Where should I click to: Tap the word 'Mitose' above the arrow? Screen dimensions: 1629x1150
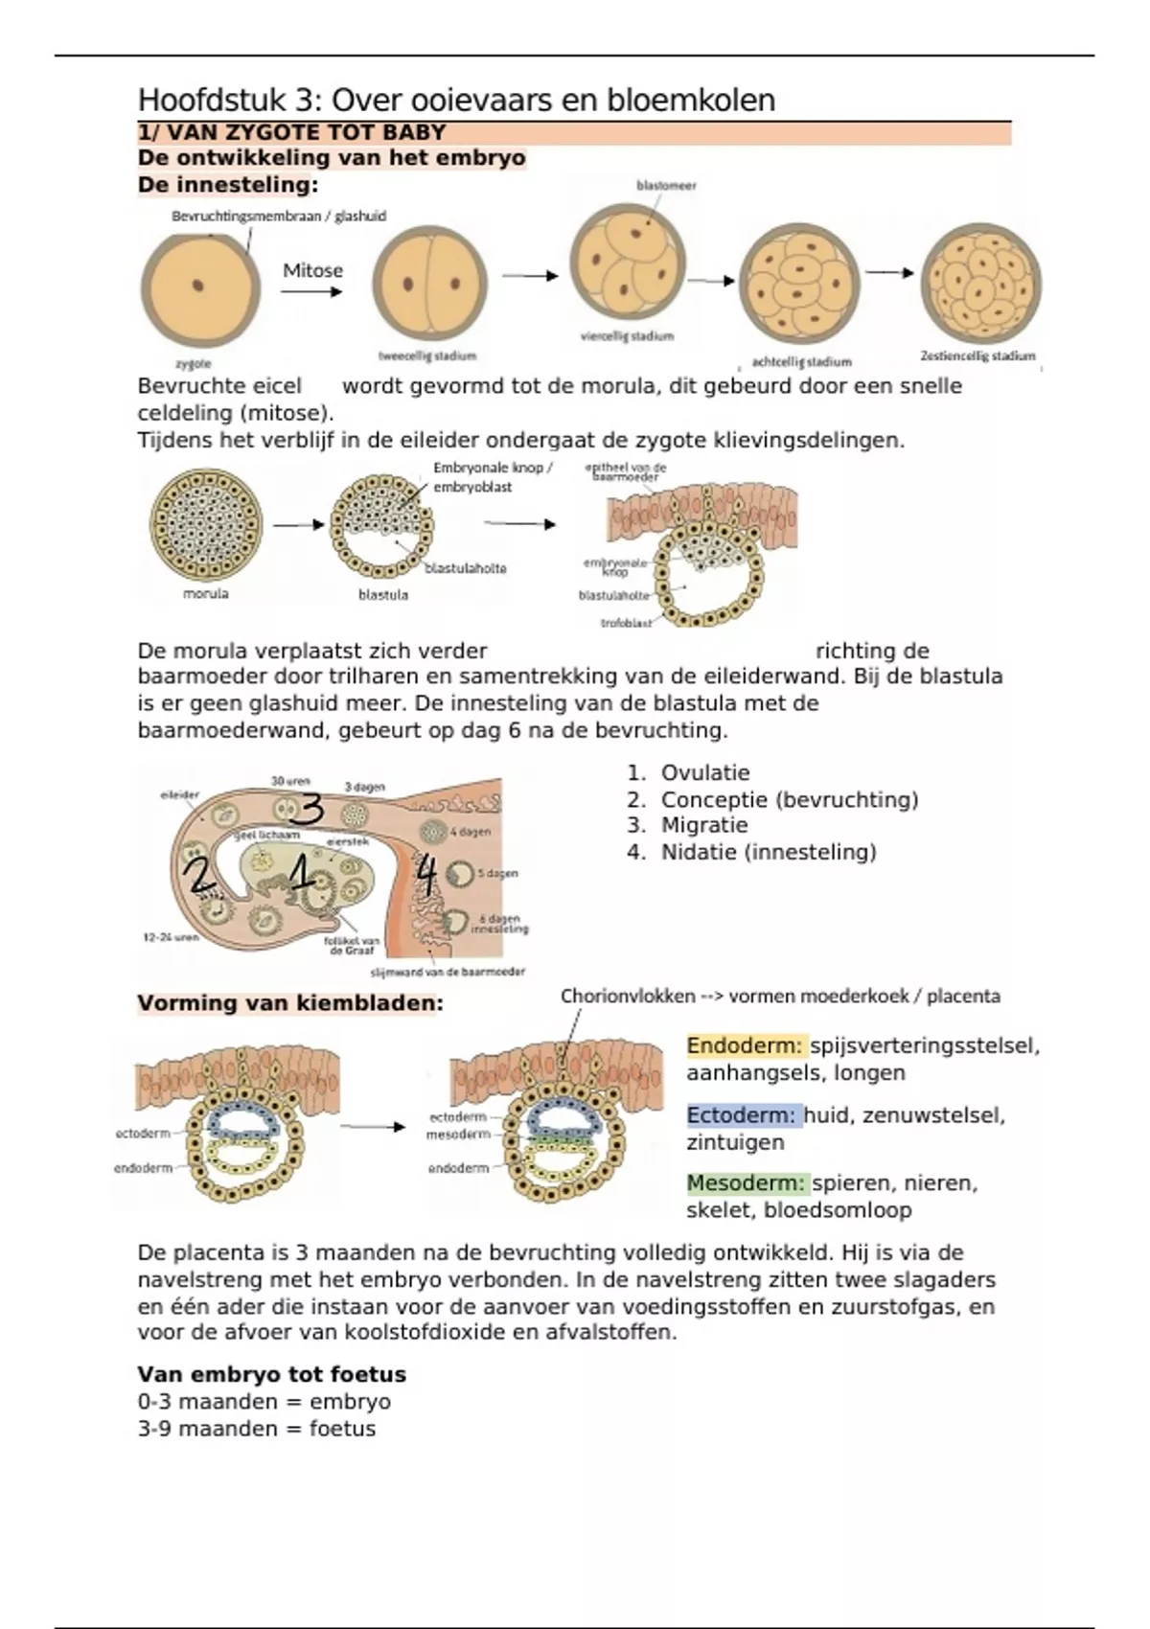click(312, 270)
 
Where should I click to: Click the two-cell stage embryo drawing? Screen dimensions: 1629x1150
click(429, 285)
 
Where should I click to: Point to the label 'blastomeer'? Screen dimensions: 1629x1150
click(666, 186)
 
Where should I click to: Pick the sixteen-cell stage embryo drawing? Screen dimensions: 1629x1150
click(980, 284)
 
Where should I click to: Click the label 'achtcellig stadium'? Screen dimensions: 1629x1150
click(801, 361)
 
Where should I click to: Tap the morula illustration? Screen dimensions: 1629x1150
click(205, 524)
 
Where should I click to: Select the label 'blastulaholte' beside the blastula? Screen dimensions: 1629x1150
click(465, 568)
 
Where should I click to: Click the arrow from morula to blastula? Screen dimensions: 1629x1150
click(298, 525)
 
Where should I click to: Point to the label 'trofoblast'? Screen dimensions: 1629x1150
click(626, 623)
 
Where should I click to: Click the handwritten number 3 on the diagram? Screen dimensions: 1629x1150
click(307, 812)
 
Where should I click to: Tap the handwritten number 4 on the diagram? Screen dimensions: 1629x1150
click(425, 875)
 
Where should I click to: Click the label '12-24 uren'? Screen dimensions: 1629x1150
click(171, 937)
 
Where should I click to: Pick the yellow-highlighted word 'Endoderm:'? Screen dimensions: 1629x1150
click(745, 1045)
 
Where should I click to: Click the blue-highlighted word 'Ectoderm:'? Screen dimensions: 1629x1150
click(741, 1115)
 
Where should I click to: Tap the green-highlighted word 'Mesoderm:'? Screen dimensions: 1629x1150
click(746, 1183)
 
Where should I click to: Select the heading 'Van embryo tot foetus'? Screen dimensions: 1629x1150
click(271, 1374)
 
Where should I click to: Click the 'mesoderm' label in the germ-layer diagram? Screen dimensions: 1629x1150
click(458, 1135)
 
